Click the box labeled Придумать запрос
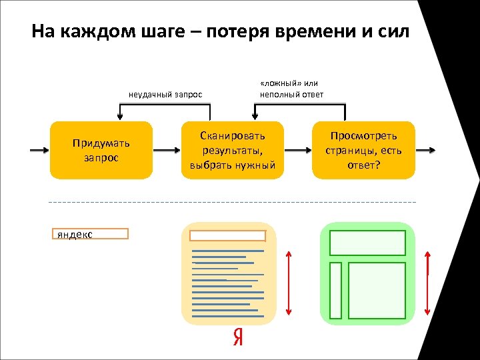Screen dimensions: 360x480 101,151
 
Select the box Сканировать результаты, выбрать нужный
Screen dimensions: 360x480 232,151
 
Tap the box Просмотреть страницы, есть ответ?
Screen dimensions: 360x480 363,151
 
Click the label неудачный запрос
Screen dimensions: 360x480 165,95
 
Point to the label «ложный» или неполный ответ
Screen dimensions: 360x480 291,89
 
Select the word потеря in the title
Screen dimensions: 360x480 227,31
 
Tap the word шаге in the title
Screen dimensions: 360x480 160,31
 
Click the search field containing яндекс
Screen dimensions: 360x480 90,233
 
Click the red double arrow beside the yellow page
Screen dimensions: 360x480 288,282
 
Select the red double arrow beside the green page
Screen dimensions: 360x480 427,282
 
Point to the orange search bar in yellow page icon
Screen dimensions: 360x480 228,235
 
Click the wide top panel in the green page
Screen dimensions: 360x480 368,243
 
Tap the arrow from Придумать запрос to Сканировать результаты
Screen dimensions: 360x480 167,151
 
